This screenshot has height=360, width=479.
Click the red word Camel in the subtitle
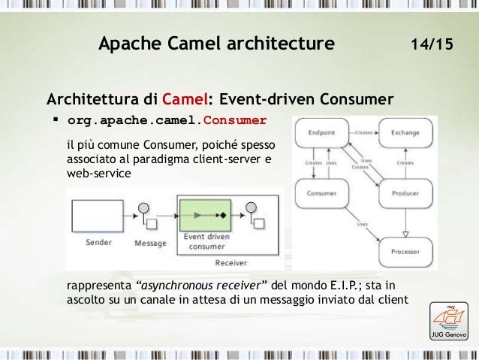coord(185,99)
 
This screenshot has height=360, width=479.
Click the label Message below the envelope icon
coord(151,243)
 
